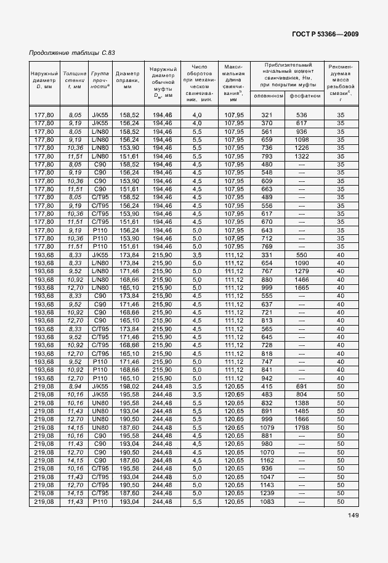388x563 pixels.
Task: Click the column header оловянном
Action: [267, 96]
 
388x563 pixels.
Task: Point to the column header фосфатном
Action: [304, 96]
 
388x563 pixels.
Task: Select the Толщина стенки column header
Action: [75, 80]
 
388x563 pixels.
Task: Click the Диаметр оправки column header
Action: [127, 80]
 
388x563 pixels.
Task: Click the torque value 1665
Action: [301, 287]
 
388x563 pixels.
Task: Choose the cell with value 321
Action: [267, 115]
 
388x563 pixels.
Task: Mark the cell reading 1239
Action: [267, 494]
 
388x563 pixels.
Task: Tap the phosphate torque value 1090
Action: [301, 262]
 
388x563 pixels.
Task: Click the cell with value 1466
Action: [301, 279]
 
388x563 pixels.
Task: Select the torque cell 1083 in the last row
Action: [267, 503]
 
